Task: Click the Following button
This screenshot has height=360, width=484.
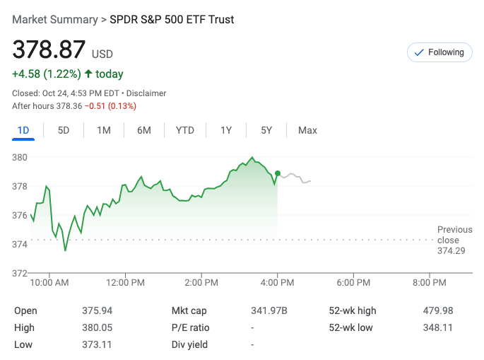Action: tap(439, 52)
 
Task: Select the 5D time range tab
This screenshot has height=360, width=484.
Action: tap(64, 130)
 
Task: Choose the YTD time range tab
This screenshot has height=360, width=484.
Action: tap(185, 130)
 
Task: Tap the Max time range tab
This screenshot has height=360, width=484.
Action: tap(307, 130)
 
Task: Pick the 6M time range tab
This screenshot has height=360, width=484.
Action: tap(144, 130)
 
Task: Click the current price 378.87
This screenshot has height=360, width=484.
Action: tap(49, 50)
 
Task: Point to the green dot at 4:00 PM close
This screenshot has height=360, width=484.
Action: tap(278, 173)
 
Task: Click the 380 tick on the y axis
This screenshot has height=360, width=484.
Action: tap(20, 157)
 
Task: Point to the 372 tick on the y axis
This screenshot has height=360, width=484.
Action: tap(20, 273)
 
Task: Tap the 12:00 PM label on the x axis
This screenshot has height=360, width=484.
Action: tap(126, 283)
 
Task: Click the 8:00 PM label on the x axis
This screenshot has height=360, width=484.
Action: tap(430, 283)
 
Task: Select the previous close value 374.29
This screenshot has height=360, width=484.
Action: tap(451, 251)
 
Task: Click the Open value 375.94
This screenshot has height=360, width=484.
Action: tap(98, 310)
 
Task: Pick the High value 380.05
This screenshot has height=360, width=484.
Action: tap(98, 327)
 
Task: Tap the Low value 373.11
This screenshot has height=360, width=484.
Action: tap(98, 344)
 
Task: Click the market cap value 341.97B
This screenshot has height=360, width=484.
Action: tap(270, 310)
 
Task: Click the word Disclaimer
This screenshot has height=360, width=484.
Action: tap(146, 93)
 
